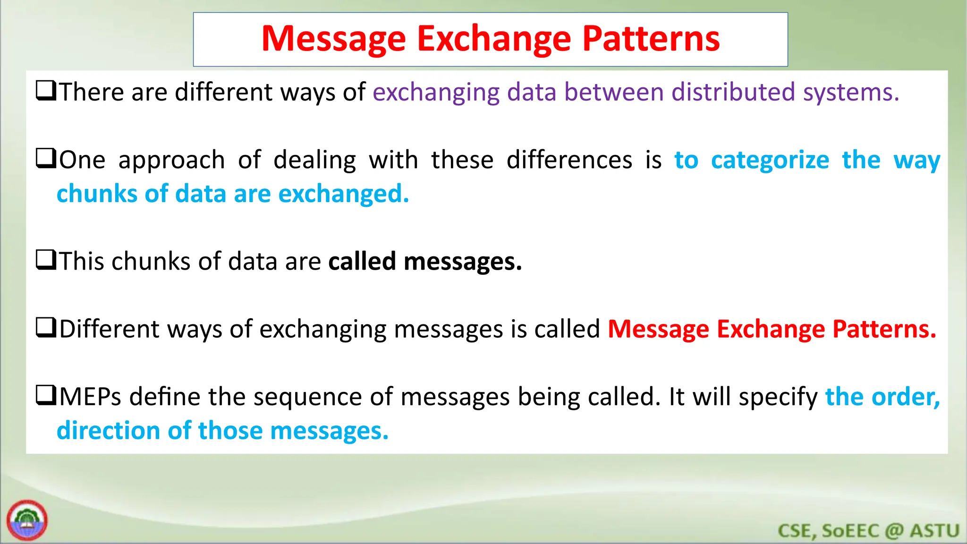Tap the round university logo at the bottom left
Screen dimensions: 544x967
point(27,520)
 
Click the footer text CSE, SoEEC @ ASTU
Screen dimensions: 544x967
point(868,531)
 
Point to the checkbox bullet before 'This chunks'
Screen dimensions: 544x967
point(46,260)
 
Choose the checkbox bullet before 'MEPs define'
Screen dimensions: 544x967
point(46,395)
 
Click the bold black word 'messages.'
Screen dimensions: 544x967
point(463,262)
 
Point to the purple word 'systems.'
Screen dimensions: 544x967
point(851,93)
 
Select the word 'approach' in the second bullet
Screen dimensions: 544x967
point(171,161)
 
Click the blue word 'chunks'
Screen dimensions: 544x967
point(97,194)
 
